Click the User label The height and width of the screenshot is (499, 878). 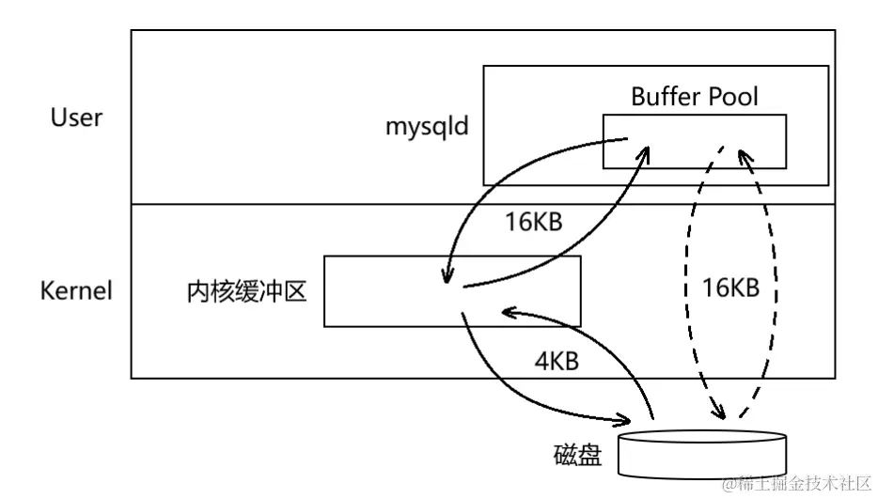(77, 118)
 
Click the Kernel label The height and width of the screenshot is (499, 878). (76, 290)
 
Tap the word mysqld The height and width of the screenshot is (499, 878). (427, 126)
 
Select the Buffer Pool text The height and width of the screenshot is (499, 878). (694, 97)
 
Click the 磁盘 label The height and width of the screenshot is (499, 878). (577, 456)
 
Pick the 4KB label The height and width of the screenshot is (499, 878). (554, 360)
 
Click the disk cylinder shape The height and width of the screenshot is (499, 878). (700, 453)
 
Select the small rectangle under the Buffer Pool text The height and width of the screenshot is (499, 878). (694, 141)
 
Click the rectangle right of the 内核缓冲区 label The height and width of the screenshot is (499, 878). (451, 291)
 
